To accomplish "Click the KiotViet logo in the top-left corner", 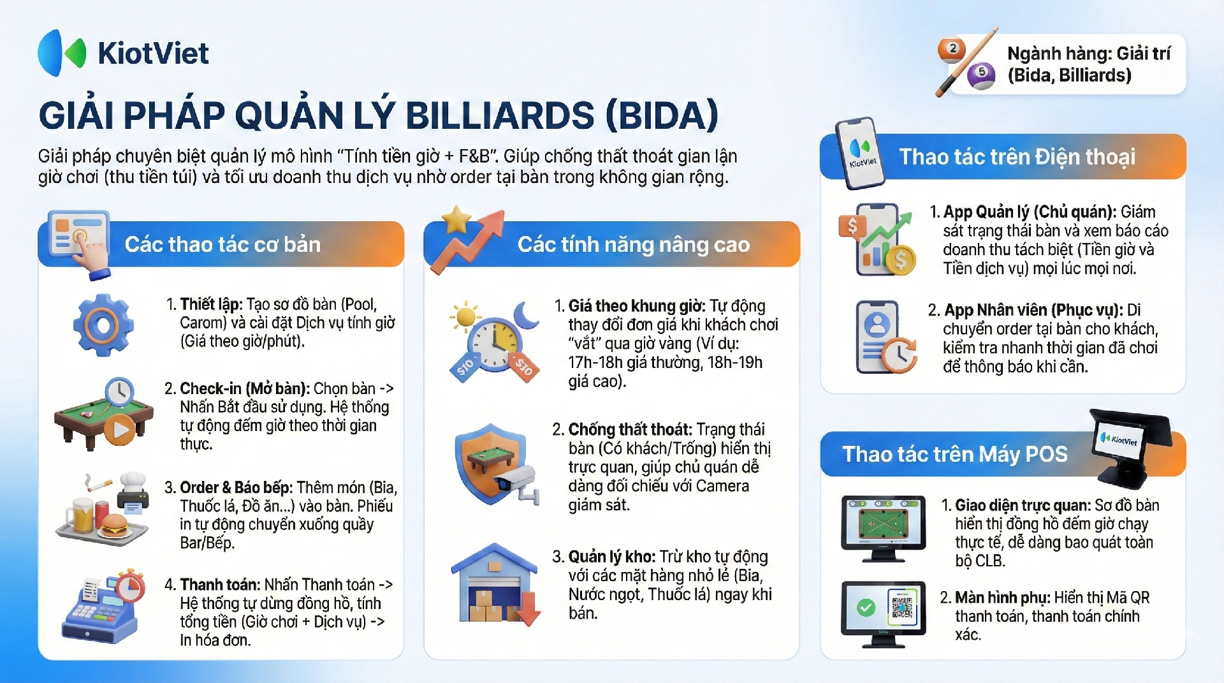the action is [x=123, y=53].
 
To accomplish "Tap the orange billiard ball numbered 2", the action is [x=952, y=49].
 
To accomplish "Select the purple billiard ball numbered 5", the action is [x=981, y=75].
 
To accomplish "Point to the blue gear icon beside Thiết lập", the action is [x=103, y=325].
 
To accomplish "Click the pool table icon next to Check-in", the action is [x=104, y=415].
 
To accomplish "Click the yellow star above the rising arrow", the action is [x=457, y=220].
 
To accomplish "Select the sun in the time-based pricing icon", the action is [x=465, y=316].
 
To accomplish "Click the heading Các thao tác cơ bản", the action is [x=222, y=244].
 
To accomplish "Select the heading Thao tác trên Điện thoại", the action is [x=1017, y=157].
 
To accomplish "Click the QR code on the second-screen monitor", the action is [x=901, y=607].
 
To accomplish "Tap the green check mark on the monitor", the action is [x=866, y=608].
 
